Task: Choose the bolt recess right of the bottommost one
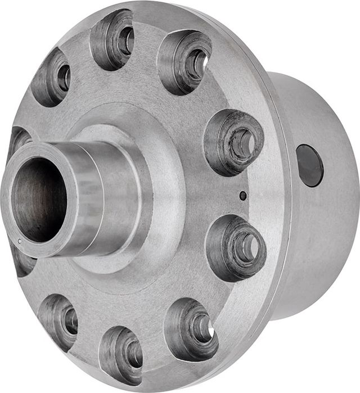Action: pos(191,329)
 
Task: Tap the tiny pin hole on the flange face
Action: pos(242,196)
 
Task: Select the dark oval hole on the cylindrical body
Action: pos(309,165)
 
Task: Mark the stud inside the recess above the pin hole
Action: pos(242,143)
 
